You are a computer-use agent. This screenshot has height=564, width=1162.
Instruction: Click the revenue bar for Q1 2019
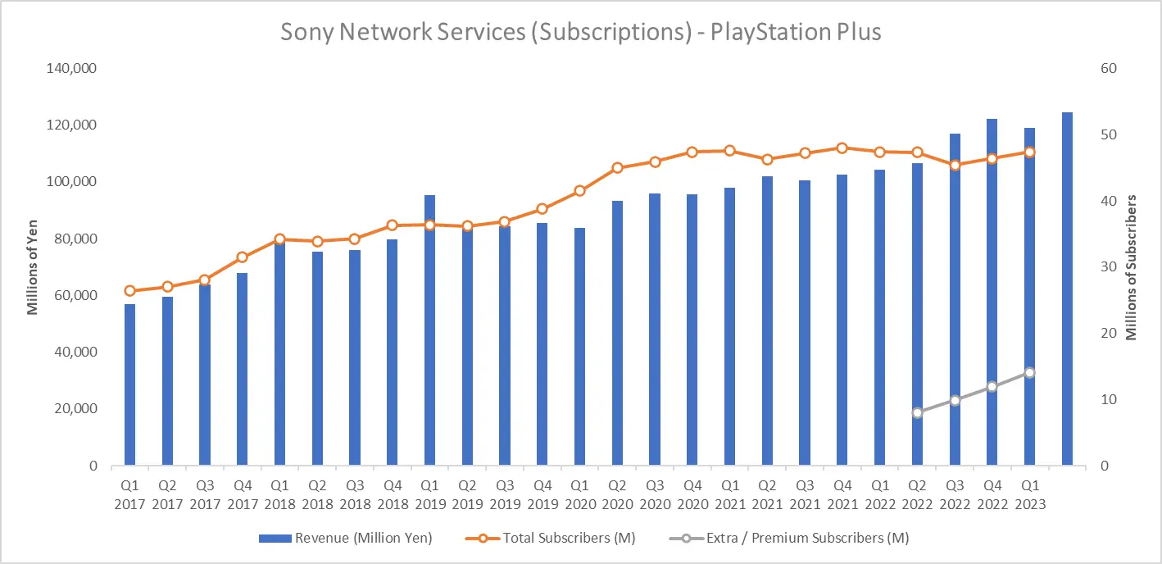click(x=429, y=330)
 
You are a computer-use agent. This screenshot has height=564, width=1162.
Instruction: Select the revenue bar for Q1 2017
click(x=129, y=384)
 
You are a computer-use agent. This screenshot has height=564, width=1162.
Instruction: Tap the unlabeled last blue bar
click(x=1067, y=289)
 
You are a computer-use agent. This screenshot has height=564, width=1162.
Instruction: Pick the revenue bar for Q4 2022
click(x=992, y=292)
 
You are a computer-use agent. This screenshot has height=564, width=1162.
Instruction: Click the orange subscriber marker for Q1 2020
click(x=580, y=191)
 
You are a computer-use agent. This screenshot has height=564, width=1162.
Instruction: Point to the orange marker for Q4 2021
click(x=842, y=148)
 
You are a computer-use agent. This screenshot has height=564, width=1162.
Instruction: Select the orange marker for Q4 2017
click(x=243, y=257)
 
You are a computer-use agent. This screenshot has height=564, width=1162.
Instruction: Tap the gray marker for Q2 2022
click(x=917, y=413)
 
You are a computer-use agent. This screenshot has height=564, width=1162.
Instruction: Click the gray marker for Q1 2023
click(x=1030, y=373)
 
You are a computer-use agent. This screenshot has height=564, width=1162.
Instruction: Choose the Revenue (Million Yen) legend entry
click(x=346, y=538)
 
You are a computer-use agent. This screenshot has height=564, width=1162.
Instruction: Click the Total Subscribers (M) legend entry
click(x=551, y=538)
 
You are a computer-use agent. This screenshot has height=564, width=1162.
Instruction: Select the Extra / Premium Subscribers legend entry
click(x=789, y=538)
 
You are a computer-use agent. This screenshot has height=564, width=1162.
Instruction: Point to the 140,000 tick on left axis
click(x=71, y=69)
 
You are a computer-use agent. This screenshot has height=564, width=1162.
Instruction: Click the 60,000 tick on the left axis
click(x=75, y=295)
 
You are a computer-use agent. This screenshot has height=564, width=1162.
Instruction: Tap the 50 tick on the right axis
click(x=1109, y=135)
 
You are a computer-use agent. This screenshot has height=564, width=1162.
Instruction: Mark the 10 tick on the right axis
click(x=1109, y=399)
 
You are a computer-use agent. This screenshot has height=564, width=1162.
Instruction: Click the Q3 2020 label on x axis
click(x=655, y=495)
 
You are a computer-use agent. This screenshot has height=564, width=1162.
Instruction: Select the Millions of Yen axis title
click(x=32, y=267)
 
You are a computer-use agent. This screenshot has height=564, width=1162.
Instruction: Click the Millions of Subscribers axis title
click(x=1131, y=268)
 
